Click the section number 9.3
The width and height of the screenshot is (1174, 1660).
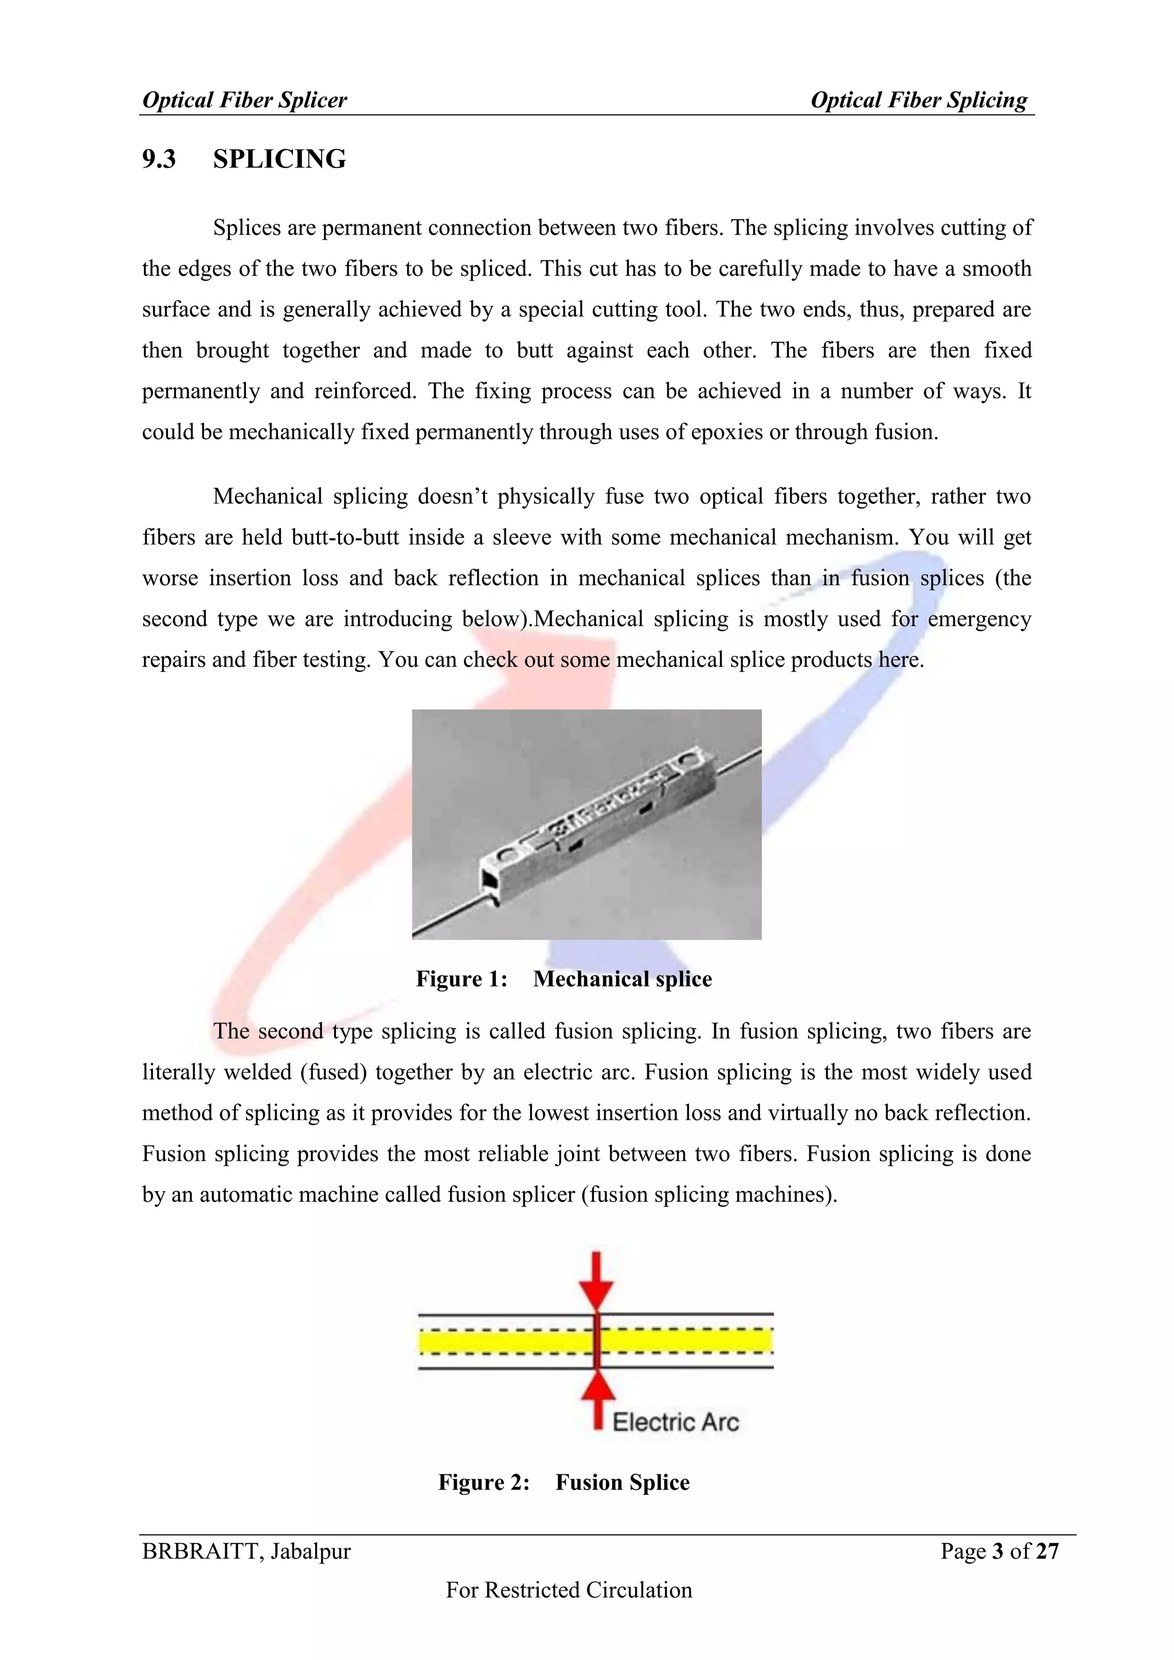[159, 159]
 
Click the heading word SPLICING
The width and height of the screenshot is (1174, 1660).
[279, 159]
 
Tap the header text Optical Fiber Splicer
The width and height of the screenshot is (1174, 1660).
[244, 100]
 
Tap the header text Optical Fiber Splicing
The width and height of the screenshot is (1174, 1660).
[918, 100]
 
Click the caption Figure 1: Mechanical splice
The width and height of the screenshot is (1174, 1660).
[564, 979]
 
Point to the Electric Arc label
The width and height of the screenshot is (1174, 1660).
[675, 1422]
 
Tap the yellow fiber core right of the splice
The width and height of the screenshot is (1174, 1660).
[687, 1342]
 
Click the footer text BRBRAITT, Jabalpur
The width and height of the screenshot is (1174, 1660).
[246, 1551]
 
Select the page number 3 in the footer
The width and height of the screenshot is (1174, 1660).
[997, 1551]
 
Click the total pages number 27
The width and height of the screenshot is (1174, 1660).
[1047, 1551]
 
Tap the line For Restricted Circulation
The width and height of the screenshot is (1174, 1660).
[569, 1590]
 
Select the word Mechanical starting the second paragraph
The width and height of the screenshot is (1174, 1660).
[268, 497]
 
